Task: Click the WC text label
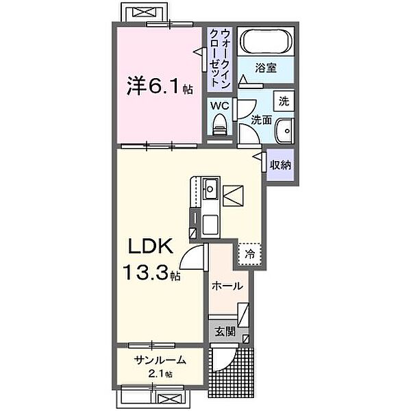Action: (219, 106)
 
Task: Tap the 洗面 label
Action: (262, 119)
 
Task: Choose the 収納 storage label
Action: (281, 164)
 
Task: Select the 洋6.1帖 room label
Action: (157, 86)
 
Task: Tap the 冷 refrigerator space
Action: (250, 253)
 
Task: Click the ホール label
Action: (227, 286)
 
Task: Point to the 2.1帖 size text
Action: (158, 374)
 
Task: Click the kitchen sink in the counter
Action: (210, 186)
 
